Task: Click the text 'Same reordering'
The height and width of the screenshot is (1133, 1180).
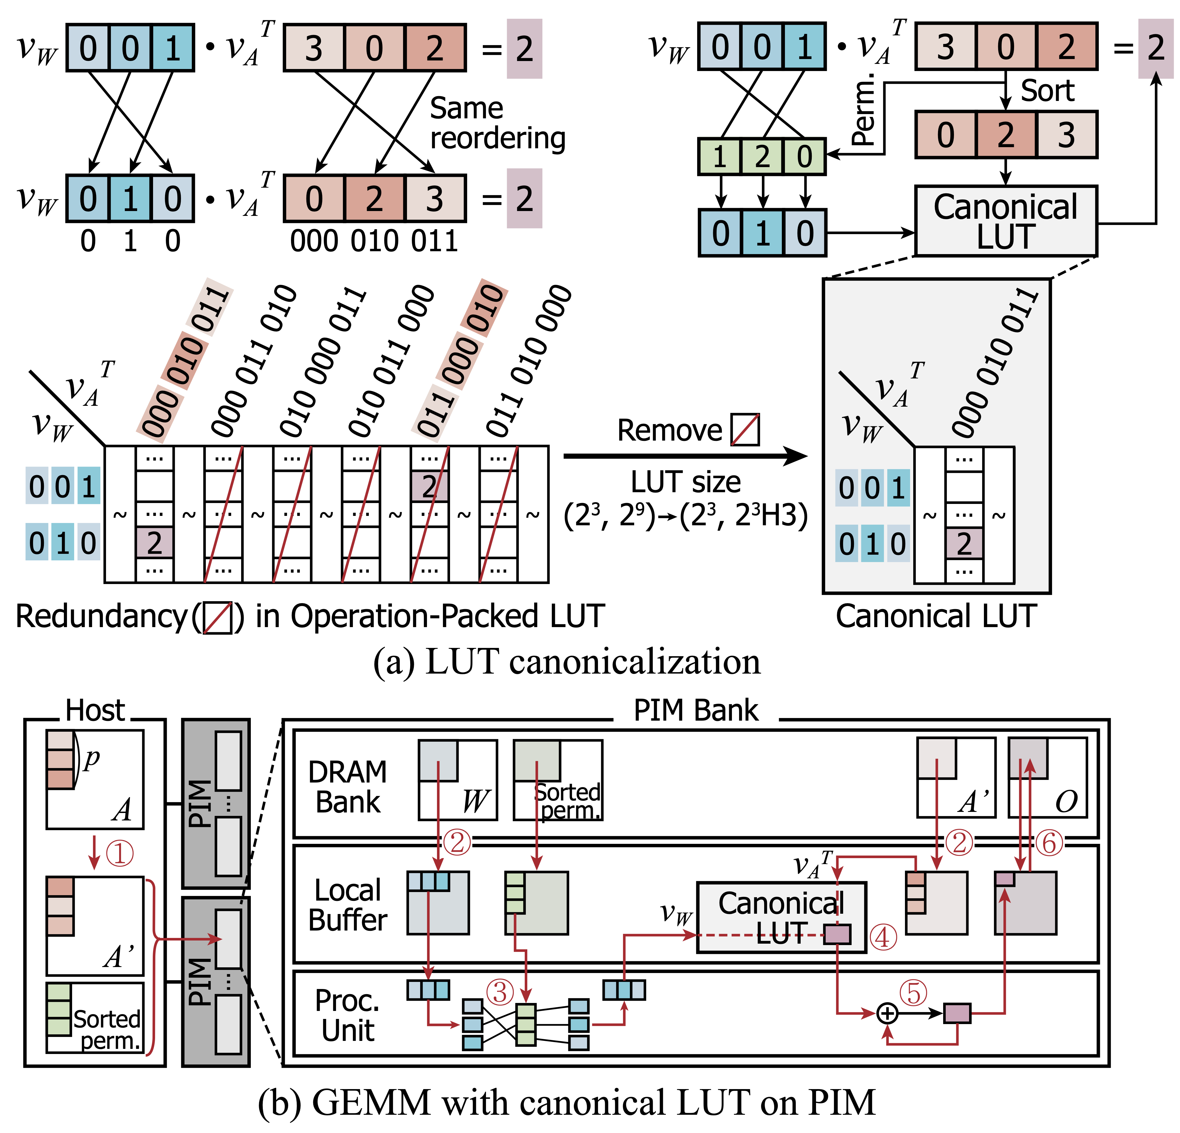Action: [x=497, y=123]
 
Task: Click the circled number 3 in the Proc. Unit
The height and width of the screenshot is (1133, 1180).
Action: [x=500, y=992]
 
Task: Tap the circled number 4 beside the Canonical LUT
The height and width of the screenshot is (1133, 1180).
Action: [x=883, y=937]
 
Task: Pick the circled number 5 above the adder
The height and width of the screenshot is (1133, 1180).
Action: [x=913, y=993]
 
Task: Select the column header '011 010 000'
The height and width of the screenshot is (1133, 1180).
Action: [x=529, y=361]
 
